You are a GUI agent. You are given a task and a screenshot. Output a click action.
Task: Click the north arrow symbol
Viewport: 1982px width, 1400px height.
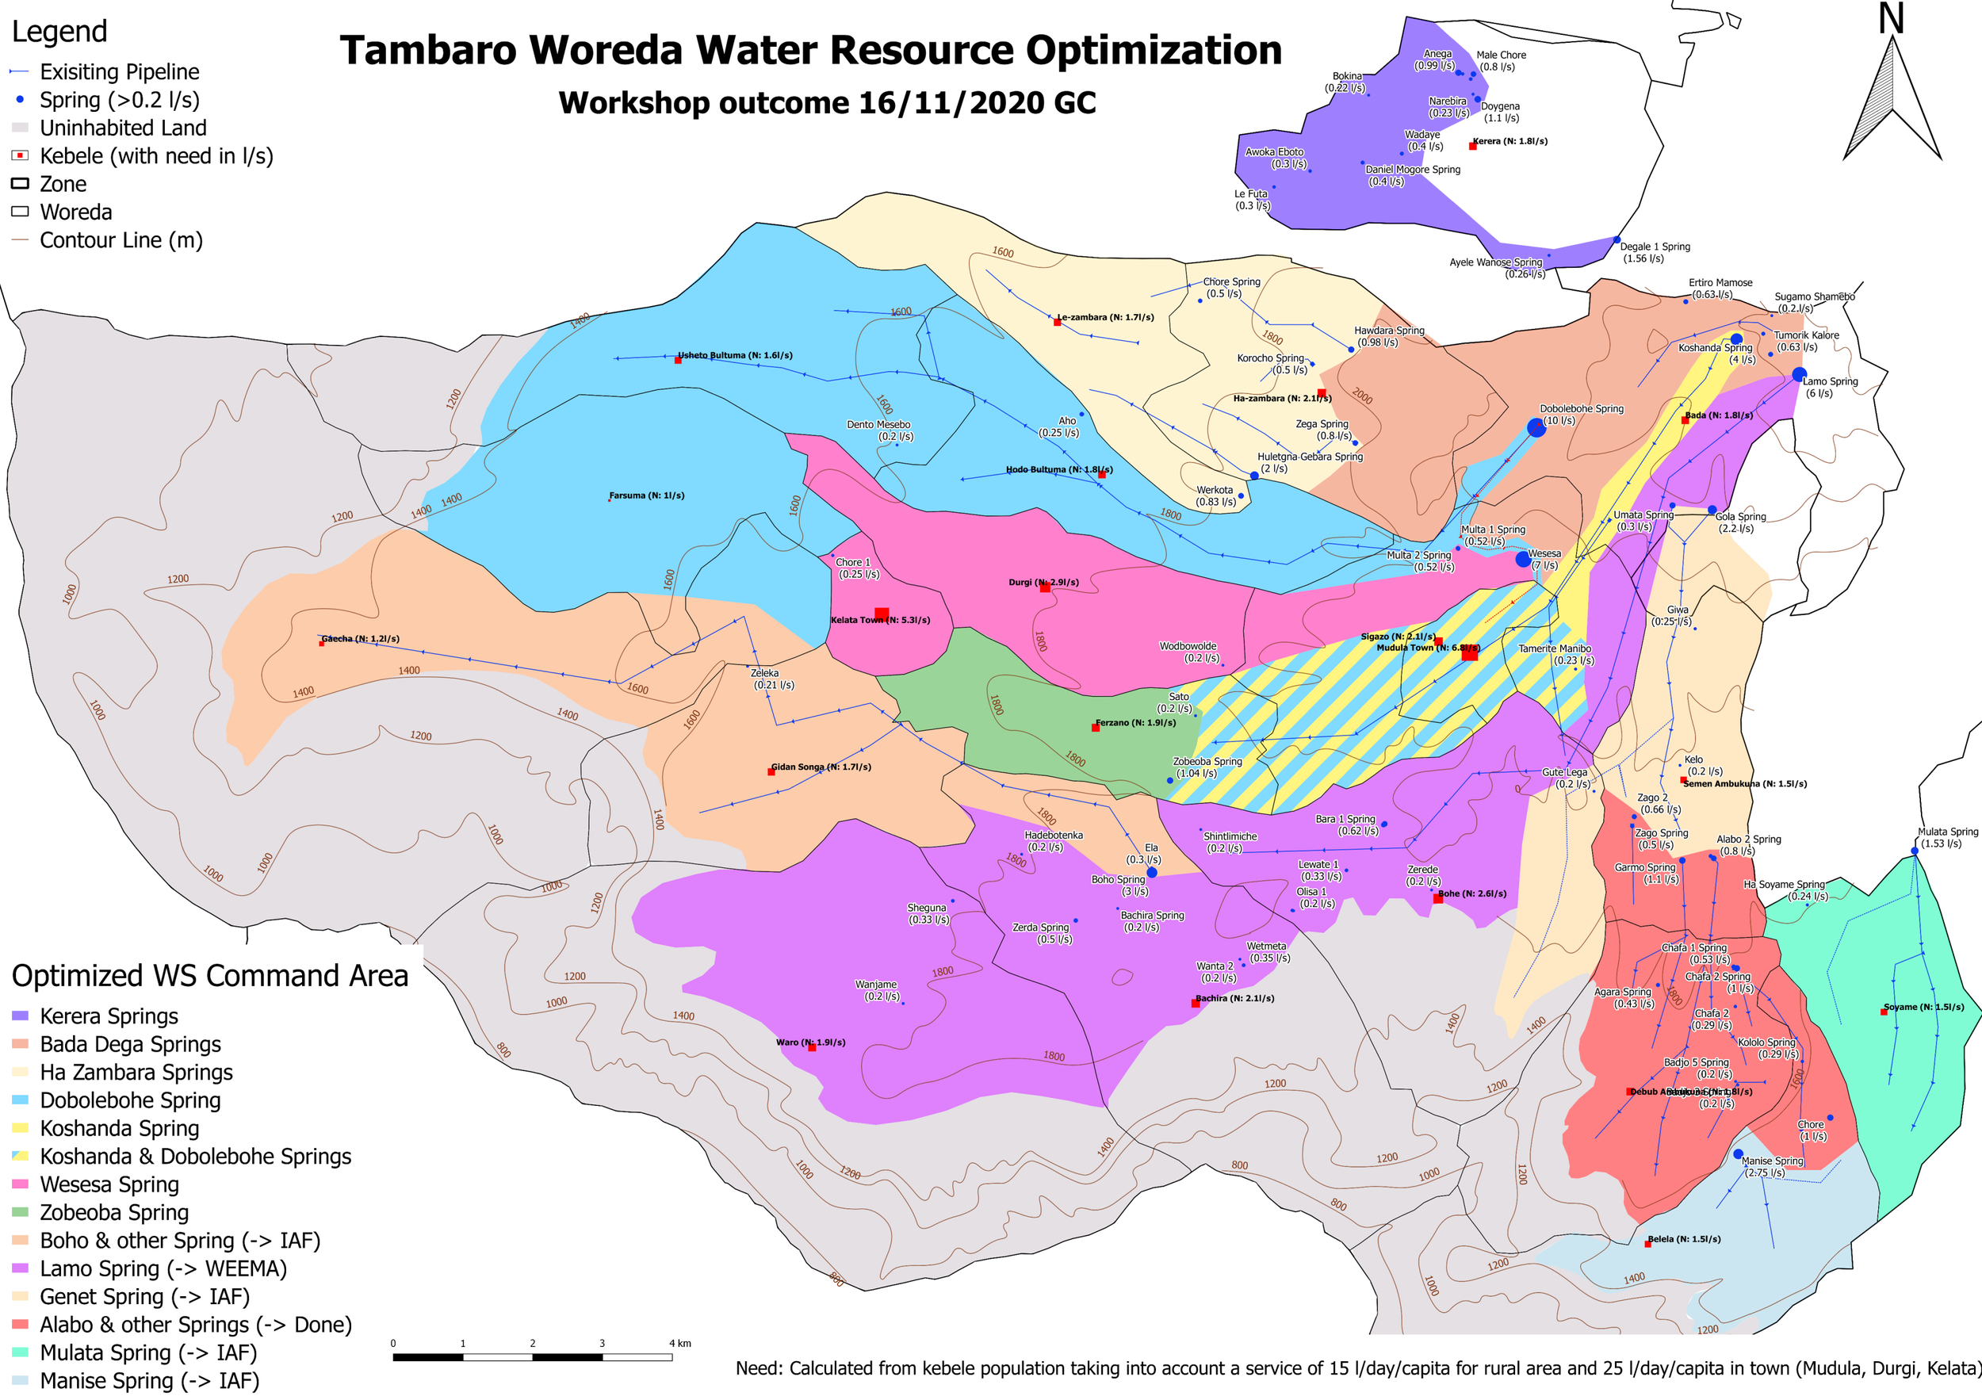pyautogui.click(x=1892, y=95)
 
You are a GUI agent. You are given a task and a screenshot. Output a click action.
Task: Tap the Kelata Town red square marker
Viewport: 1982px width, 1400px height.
pyautogui.click(x=882, y=614)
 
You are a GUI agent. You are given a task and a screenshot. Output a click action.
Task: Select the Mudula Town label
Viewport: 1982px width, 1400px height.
pyautogui.click(x=1428, y=648)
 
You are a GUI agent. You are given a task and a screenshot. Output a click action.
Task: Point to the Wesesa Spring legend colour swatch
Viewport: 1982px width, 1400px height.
pyautogui.click(x=21, y=1184)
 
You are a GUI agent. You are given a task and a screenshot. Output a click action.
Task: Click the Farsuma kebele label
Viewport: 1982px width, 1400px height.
pyautogui.click(x=647, y=495)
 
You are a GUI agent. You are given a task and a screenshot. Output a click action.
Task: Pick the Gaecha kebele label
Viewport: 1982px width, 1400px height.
pyautogui.click(x=361, y=639)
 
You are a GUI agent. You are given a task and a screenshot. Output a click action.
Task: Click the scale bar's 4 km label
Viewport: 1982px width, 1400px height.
pyautogui.click(x=680, y=1343)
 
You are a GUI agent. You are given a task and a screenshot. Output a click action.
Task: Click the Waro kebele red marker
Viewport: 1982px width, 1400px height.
pyautogui.click(x=812, y=1047)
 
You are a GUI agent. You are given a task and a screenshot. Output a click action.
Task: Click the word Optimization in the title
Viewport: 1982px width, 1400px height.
pyautogui.click(x=1154, y=50)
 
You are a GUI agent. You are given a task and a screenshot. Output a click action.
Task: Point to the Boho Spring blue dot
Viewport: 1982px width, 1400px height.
pyautogui.click(x=1152, y=873)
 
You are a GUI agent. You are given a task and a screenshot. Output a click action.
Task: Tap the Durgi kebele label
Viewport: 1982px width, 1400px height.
pyautogui.click(x=1043, y=582)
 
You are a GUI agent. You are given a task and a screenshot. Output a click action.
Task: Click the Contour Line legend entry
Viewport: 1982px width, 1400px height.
pyautogui.click(x=121, y=240)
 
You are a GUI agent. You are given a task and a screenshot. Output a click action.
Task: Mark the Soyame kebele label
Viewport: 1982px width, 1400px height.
pyautogui.click(x=1923, y=1007)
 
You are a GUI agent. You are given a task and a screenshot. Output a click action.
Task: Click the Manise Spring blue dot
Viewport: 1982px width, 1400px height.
pyautogui.click(x=1738, y=1154)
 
